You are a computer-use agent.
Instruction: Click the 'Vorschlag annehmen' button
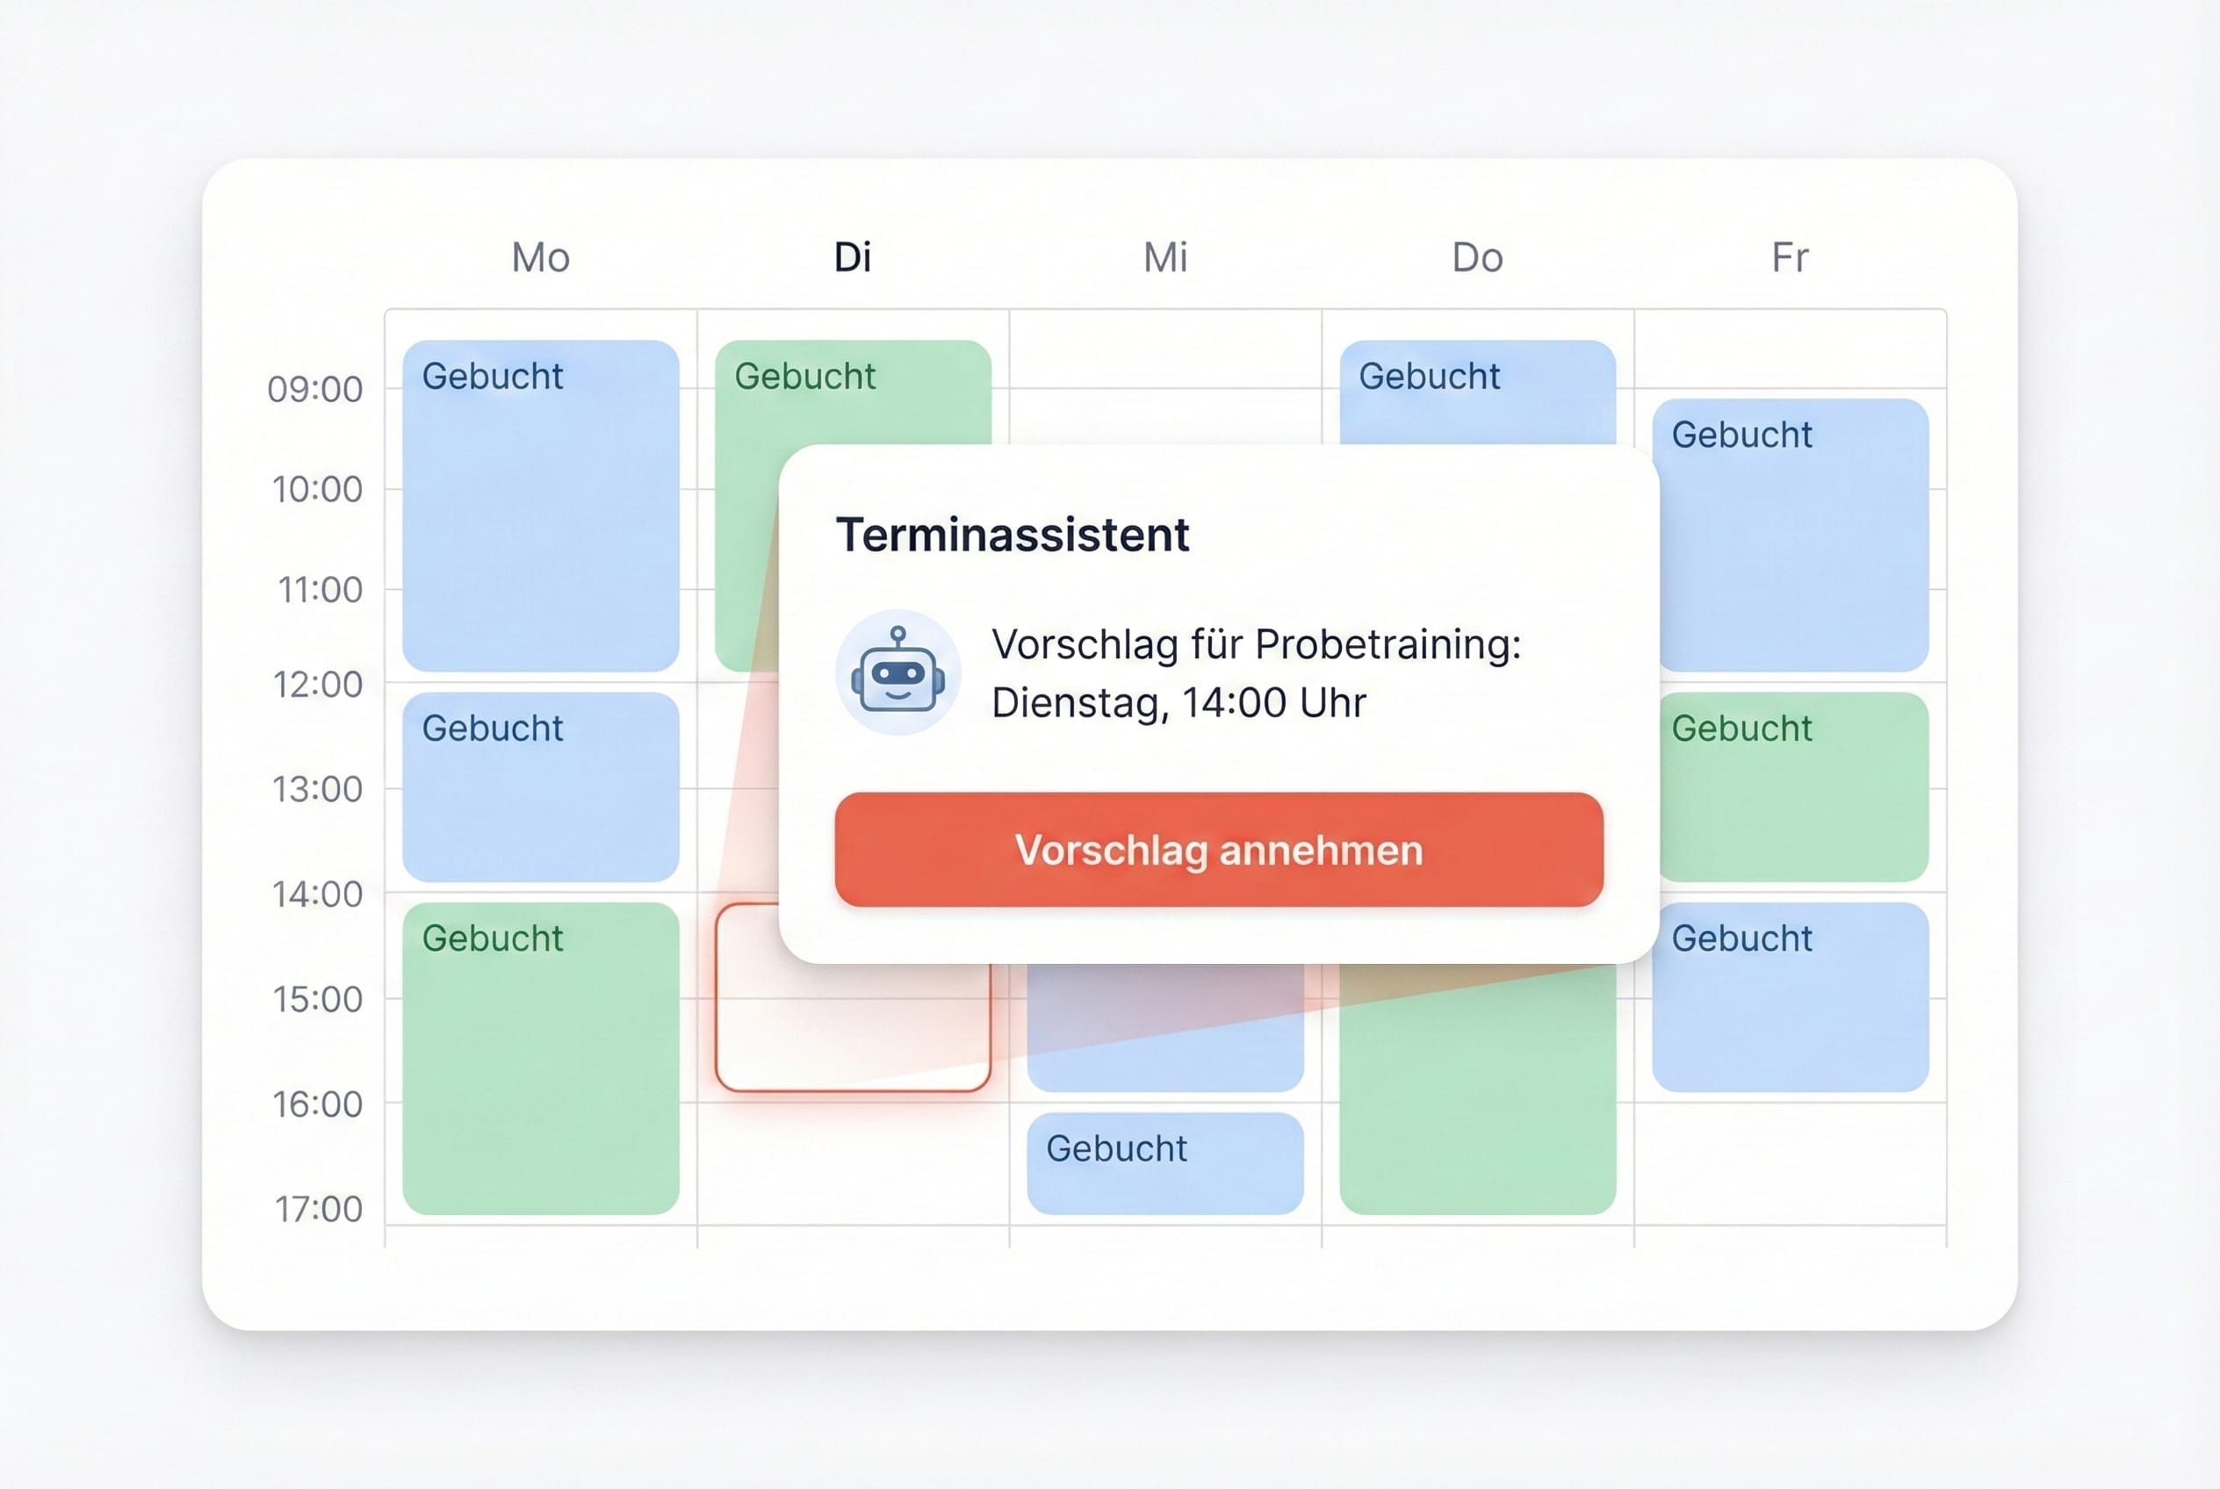(x=1219, y=850)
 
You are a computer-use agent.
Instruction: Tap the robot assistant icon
(x=897, y=673)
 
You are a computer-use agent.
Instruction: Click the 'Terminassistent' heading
(x=1012, y=535)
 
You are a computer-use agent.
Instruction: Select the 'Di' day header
(x=852, y=257)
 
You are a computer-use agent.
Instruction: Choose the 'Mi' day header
(x=1164, y=257)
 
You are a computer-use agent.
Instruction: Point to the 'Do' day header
(x=1477, y=257)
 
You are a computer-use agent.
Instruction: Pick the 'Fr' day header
(x=1790, y=257)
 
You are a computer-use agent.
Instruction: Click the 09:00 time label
(x=315, y=389)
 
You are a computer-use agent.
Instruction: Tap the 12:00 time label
(x=317, y=685)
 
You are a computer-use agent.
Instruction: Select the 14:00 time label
(x=317, y=895)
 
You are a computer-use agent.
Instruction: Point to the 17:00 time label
(x=318, y=1209)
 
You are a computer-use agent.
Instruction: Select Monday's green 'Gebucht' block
(x=541, y=1058)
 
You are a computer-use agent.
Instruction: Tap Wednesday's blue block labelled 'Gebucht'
(x=1164, y=1163)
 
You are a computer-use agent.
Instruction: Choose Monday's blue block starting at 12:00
(x=541, y=787)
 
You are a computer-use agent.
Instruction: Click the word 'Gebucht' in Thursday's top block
(x=1429, y=377)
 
